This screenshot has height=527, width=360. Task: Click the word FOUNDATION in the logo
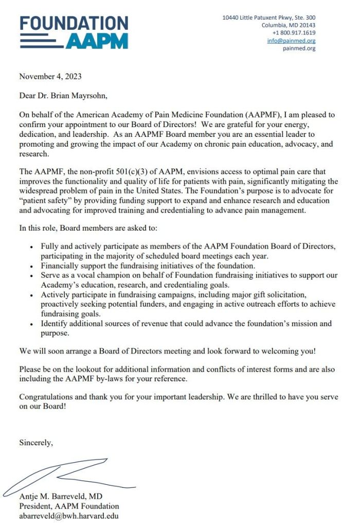tap(74, 23)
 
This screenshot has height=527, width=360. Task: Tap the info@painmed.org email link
tap(291, 41)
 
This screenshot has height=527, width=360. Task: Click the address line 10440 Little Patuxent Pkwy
tap(268, 17)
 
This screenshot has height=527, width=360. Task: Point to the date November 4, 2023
tap(50, 77)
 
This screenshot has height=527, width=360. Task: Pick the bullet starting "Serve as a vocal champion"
tap(189, 275)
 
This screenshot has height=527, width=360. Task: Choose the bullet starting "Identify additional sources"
tap(186, 323)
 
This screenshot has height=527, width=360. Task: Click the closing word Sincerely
tap(35, 442)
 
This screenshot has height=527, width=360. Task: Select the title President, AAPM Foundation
tap(69, 506)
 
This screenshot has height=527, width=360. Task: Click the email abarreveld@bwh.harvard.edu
tap(69, 516)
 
